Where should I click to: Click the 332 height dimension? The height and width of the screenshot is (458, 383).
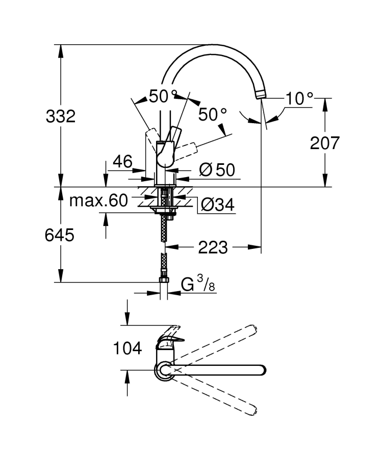tap(61, 116)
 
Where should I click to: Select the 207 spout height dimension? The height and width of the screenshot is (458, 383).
tap(324, 143)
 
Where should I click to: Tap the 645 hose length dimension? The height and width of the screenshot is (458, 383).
tap(61, 235)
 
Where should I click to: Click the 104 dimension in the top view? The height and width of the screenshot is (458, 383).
tap(127, 349)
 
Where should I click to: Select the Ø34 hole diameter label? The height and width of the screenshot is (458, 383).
tap(217, 205)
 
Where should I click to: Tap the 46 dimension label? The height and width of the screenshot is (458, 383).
tap(122, 162)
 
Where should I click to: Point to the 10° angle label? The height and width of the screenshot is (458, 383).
tap(299, 98)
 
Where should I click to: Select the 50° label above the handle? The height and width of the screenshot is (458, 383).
tap(163, 96)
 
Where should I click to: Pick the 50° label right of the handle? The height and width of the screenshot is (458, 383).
tap(212, 114)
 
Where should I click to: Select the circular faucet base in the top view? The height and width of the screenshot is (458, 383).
tap(164, 370)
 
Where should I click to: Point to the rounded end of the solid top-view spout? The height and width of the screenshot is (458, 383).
tap(261, 370)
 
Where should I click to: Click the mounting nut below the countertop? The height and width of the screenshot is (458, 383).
tap(164, 209)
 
